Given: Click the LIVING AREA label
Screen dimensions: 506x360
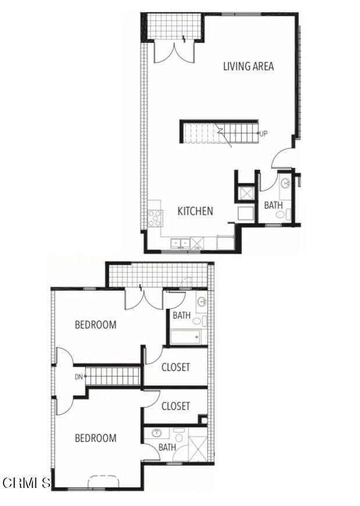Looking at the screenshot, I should point(248,66).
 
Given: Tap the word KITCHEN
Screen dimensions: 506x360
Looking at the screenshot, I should point(195,211).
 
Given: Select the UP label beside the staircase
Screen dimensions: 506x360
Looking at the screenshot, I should point(263,134).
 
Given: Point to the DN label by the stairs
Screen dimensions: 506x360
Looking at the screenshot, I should point(79,376).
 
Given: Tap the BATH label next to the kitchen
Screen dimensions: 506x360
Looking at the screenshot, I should point(273,205).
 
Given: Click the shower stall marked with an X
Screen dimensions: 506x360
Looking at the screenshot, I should point(198,451).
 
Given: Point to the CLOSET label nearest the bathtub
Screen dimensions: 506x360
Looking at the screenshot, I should point(176,367).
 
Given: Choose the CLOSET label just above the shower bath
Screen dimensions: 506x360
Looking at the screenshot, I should point(176,406).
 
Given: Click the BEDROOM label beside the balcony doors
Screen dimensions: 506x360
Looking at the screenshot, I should point(95,325).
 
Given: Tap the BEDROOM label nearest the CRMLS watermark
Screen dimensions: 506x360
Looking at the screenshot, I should point(95,438).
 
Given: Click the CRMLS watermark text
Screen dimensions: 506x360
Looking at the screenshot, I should point(27,483).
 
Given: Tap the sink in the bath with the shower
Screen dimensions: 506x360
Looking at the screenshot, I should point(156,433).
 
